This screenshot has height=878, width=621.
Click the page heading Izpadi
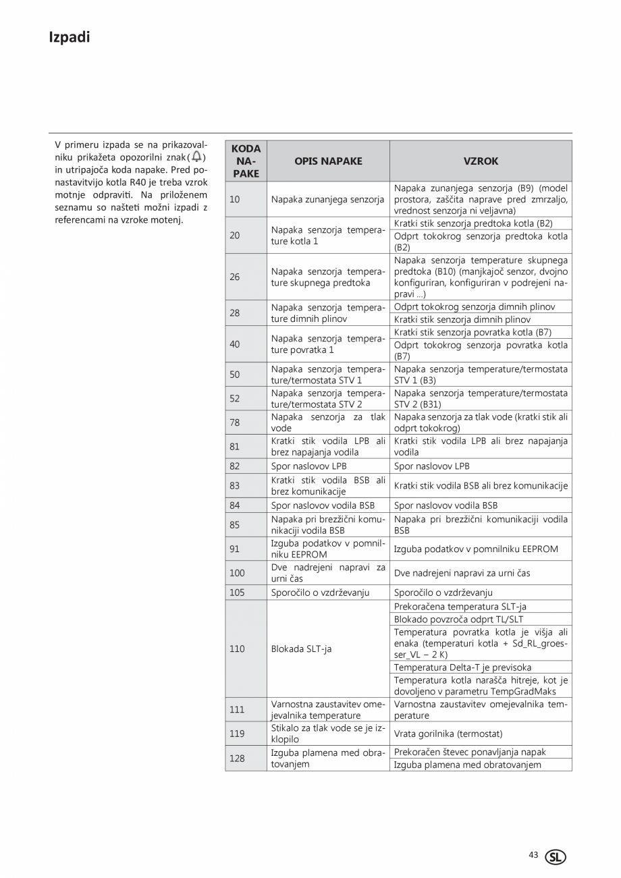[69, 38]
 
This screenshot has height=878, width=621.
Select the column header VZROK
[481, 161]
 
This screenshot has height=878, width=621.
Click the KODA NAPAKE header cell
[246, 161]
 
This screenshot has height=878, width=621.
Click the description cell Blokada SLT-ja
[301, 649]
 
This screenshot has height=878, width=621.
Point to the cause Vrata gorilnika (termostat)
[448, 734]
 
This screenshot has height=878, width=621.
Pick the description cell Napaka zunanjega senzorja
[327, 199]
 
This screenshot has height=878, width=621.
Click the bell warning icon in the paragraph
[196, 157]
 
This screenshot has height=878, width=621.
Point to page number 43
[533, 855]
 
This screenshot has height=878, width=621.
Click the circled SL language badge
[556, 856]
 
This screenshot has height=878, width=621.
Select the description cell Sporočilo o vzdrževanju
[320, 593]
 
